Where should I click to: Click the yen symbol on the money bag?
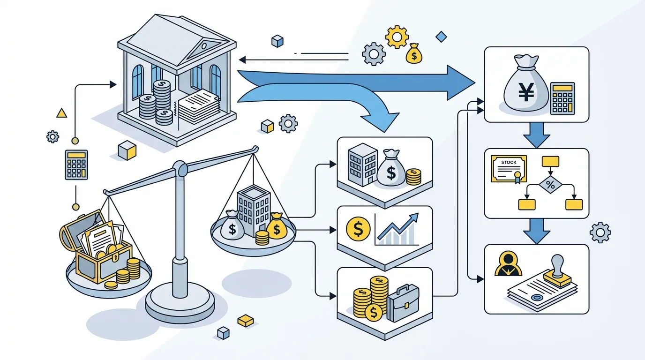coord(526,92)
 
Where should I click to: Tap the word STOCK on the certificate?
coord(509,163)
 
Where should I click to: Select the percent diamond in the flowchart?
coord(550,185)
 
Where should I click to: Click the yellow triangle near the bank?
coord(61,113)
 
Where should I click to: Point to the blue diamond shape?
coord(441,37)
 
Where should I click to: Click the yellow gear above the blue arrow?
coord(397,37)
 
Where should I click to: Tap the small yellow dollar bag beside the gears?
coord(414,53)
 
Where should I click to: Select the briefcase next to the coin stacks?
coord(403,303)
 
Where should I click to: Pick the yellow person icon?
coord(508,264)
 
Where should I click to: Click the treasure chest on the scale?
coord(97,247)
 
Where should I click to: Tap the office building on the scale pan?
coord(254,211)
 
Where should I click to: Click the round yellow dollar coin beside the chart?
coord(358,229)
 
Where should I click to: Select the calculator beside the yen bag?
coord(562,98)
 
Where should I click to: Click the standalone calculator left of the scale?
coord(76,165)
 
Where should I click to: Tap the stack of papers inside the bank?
coord(199,106)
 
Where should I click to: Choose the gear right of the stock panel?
coord(600,232)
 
